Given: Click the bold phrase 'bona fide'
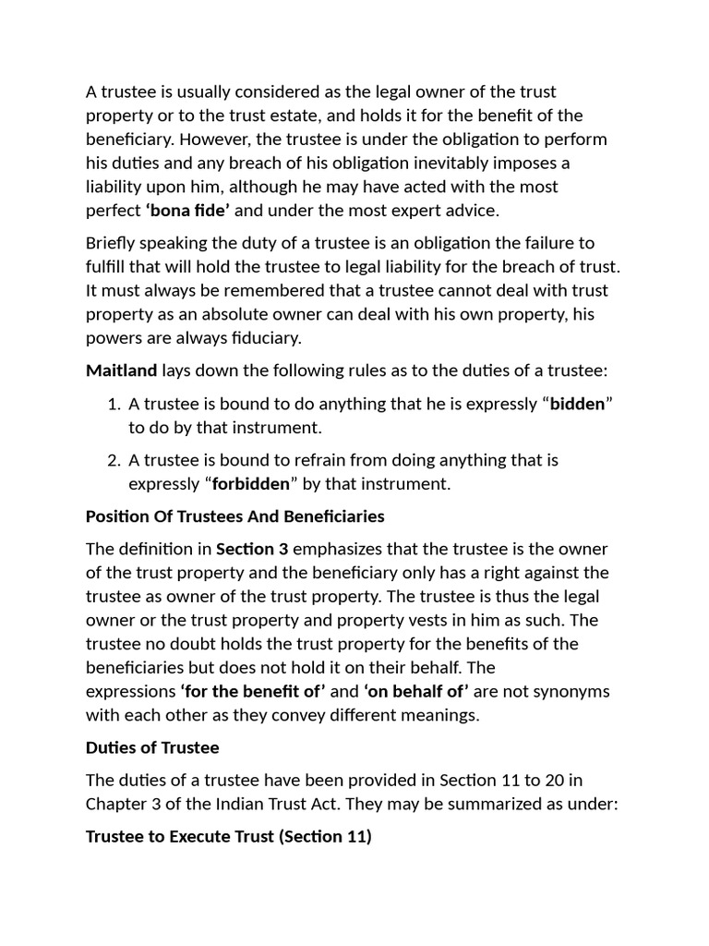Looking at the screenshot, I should click(187, 211).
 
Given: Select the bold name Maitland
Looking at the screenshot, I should click(121, 371).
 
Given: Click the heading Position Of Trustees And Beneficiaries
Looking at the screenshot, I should click(234, 515).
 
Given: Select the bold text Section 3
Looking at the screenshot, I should click(252, 548).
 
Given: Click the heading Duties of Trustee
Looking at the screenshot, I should click(151, 747).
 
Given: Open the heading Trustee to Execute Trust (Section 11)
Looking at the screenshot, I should click(228, 837).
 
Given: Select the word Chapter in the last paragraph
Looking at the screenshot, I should click(117, 804).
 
